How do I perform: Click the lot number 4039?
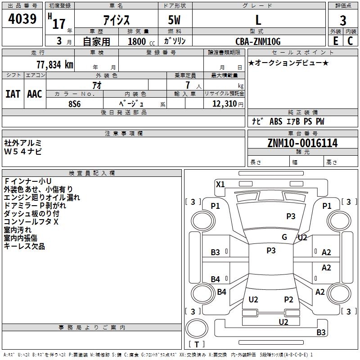click(22, 18)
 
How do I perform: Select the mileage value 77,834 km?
click(55, 65)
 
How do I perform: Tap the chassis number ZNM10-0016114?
click(302, 143)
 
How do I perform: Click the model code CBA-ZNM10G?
click(258, 41)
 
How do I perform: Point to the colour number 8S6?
click(75, 104)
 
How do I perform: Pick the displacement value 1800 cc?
click(141, 41)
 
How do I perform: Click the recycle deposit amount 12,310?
click(224, 103)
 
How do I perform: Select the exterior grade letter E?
click(335, 41)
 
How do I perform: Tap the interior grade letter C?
click(350, 41)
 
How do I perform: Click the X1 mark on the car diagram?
click(220, 184)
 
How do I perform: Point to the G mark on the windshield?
click(284, 237)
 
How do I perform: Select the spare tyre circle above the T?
click(197, 328)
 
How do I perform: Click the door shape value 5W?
click(174, 20)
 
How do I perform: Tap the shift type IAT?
click(13, 94)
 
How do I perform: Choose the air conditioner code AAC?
click(35, 94)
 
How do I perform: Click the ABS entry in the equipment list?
click(276, 121)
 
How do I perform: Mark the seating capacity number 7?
click(188, 85)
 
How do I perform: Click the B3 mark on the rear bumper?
click(321, 332)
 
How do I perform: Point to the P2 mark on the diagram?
click(288, 299)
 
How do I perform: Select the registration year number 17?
click(59, 24)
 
